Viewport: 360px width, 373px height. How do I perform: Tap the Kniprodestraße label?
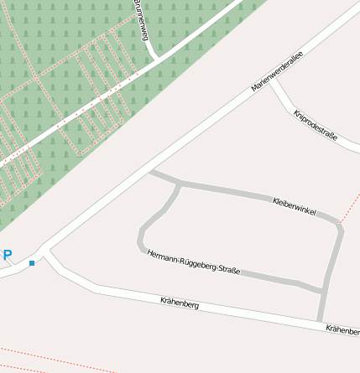[316, 125]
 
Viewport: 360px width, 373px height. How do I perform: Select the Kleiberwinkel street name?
[295, 207]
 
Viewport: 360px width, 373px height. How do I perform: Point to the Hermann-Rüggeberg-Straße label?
[194, 262]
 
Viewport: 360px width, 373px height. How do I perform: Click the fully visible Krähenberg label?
[180, 303]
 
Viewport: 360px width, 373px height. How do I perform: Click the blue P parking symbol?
[8, 255]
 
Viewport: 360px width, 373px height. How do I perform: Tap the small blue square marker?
[32, 263]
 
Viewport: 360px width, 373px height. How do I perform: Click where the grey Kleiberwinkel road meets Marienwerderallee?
[150, 173]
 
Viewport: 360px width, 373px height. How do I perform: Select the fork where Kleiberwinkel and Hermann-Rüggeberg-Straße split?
[179, 184]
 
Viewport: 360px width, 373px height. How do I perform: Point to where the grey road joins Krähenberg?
[320, 321]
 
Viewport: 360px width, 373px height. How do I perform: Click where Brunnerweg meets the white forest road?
[155, 58]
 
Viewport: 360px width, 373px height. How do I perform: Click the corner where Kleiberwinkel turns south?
[340, 225]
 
